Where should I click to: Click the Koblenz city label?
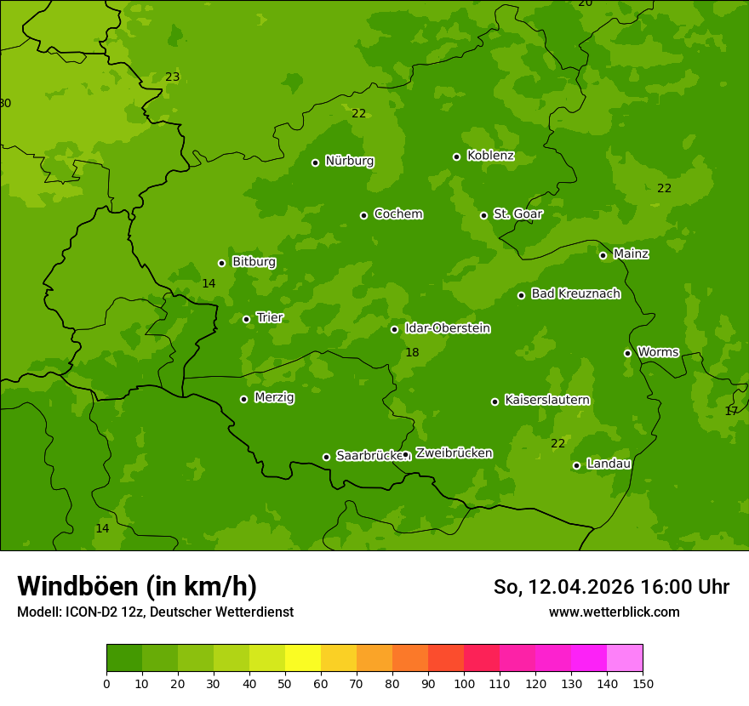490,156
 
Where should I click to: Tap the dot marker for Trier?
247,319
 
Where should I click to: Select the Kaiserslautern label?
547,400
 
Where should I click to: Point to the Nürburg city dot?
315,162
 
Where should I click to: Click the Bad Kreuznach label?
575,293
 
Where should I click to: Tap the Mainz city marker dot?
603,255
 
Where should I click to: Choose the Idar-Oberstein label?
448,328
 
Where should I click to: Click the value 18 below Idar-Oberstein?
412,352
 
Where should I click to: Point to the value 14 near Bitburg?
209,283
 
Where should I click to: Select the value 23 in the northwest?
172,77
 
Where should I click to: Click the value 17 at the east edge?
731,411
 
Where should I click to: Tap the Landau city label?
609,464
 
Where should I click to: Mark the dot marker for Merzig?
243,399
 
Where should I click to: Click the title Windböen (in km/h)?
137,586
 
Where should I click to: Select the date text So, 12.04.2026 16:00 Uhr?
611,587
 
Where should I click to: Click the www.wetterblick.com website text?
614,612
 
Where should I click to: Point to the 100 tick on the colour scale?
464,683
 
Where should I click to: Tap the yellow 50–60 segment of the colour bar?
303,658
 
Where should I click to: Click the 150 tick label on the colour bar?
643,683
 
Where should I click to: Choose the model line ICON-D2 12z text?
155,612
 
